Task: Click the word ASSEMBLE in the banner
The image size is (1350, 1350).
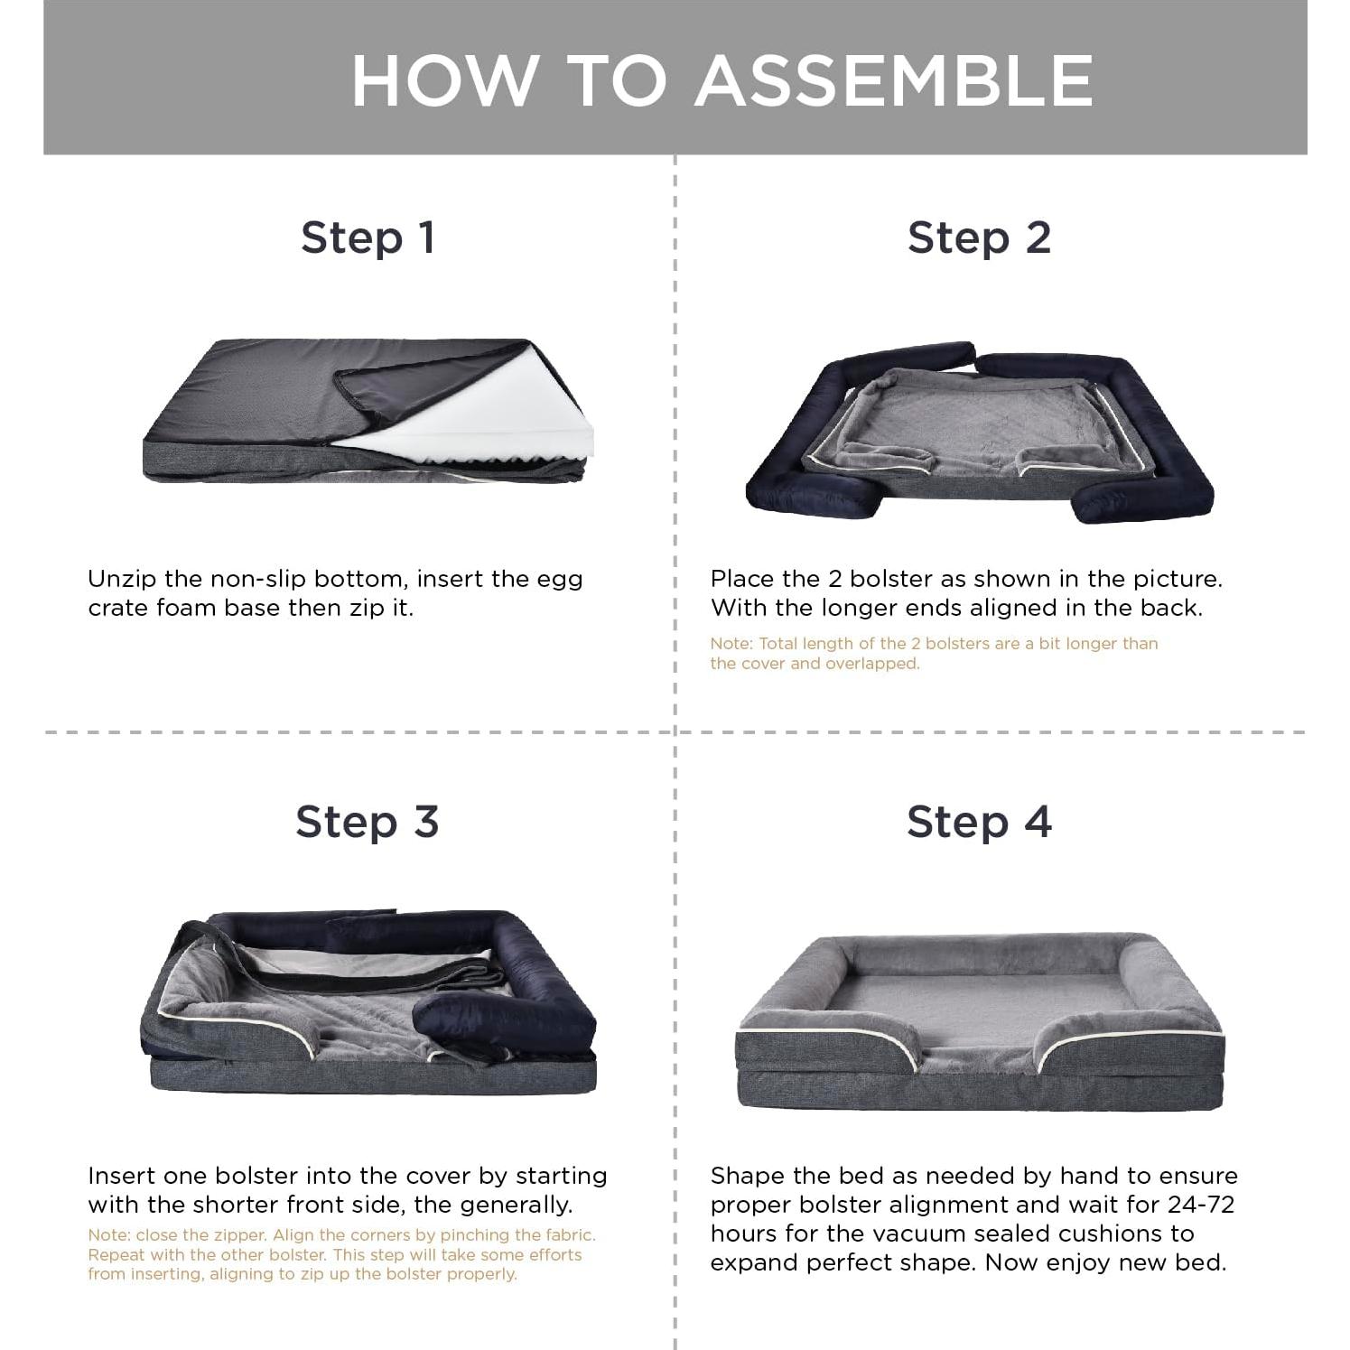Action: [894, 80]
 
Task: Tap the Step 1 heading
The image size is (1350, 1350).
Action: [368, 238]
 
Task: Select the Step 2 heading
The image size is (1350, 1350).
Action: [980, 238]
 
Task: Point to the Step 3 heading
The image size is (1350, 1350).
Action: [368, 822]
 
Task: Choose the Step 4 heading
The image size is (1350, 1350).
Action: [980, 822]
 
